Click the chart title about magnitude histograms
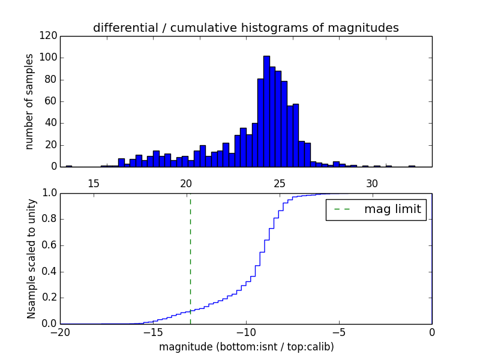coord(245,28)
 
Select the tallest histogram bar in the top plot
coord(266,111)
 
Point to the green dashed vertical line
coord(190,258)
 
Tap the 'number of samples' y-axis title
coord(29,101)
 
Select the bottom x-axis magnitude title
coord(246,347)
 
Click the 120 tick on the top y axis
coord(49,36)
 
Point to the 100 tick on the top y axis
coord(49,58)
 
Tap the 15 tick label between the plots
coord(94,184)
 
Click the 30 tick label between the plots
coord(372,184)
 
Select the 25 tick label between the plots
coord(279,184)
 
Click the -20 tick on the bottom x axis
coord(60,332)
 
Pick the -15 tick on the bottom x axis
coord(153,332)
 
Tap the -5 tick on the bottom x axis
coord(339,332)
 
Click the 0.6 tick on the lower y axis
coord(49,245)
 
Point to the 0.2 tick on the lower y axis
coord(49,298)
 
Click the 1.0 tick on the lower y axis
coord(49,193)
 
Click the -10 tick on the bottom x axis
coord(246,332)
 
